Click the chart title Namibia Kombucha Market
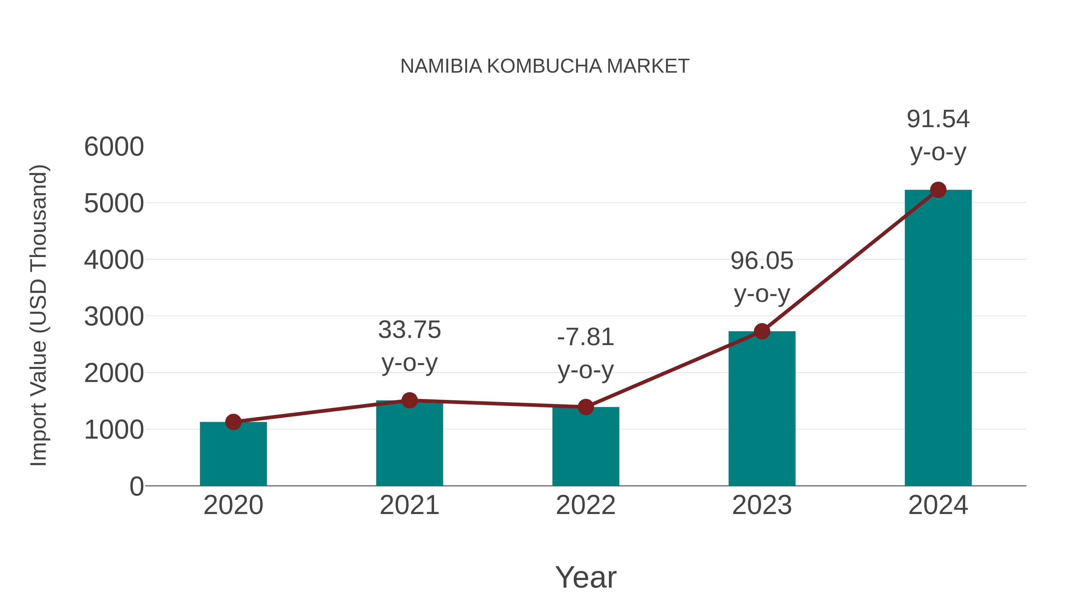tap(545, 66)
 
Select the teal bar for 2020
tap(233, 455)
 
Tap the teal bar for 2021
tap(409, 444)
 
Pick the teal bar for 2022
tap(586, 448)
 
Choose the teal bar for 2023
tap(762, 410)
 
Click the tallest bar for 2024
tap(938, 338)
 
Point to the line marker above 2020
tap(233, 422)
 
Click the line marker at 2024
tap(938, 190)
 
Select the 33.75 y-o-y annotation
tap(409, 346)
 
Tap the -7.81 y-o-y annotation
tap(586, 354)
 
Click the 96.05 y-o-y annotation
tap(762, 277)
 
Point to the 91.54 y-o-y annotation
tap(938, 135)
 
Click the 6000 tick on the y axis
tap(114, 147)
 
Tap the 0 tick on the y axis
tap(136, 486)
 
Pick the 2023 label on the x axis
tap(762, 505)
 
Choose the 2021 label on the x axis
tap(409, 505)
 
